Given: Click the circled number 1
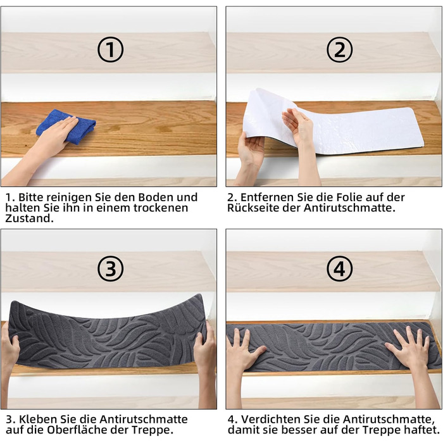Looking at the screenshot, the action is click(111, 49).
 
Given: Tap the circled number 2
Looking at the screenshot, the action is click(340, 49).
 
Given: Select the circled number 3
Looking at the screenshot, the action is click(111, 268).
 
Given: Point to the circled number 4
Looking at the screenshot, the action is click(340, 268).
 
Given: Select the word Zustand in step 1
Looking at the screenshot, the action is click(29, 218).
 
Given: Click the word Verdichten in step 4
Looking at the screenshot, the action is click(271, 419).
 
